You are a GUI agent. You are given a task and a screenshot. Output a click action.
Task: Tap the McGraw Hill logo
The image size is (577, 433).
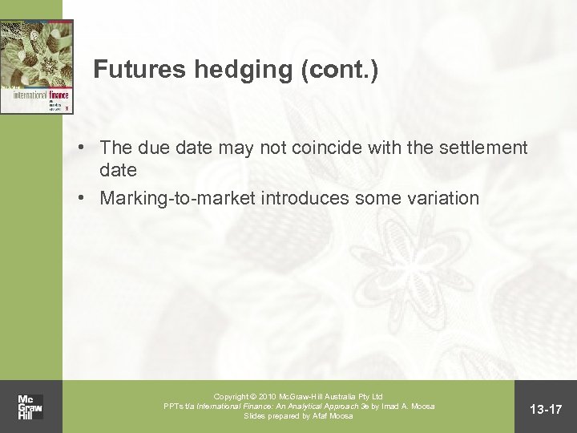coord(30,407)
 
